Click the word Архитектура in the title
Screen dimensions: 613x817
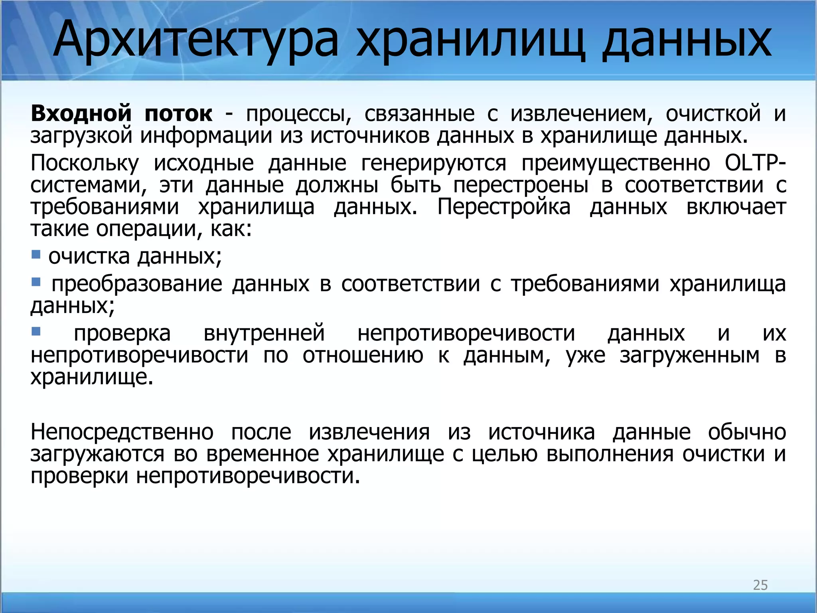click(x=196, y=41)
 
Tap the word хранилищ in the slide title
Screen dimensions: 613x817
click(x=471, y=41)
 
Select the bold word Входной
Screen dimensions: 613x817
click(x=81, y=113)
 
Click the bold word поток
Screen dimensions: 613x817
click(x=178, y=113)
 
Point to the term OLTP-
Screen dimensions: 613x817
click(x=756, y=163)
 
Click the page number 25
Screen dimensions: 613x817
click(x=760, y=585)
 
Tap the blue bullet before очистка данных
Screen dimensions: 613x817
click(x=36, y=254)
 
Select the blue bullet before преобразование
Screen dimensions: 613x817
click(x=36, y=282)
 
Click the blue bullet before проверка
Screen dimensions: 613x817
click(x=36, y=331)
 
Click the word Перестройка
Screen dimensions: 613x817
click(x=504, y=207)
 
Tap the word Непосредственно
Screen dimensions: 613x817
click(x=122, y=432)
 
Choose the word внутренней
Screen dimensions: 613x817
click(x=264, y=333)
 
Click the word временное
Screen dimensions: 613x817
click(x=262, y=454)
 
